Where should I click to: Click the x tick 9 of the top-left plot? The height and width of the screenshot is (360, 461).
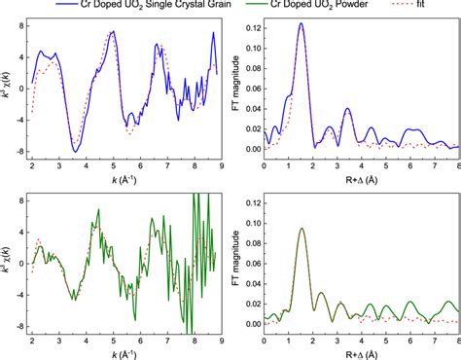[225, 165]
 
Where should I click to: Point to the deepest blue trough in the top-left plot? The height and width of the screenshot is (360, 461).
[75, 151]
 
